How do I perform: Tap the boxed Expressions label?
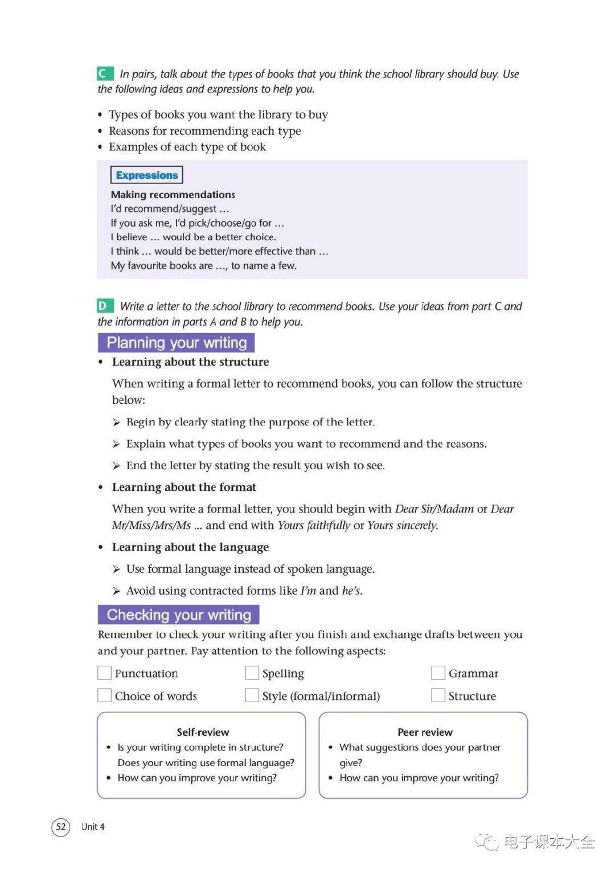click(147, 175)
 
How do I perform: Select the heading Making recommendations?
click(173, 194)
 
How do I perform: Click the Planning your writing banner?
click(177, 343)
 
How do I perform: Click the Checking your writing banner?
click(179, 615)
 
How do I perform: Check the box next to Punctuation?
click(104, 673)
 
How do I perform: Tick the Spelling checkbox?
click(252, 673)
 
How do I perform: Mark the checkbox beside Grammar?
click(438, 673)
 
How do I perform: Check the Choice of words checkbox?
click(104, 695)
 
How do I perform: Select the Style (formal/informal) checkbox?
click(252, 695)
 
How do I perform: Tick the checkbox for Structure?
click(438, 695)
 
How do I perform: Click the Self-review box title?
click(203, 732)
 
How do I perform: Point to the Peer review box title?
click(425, 732)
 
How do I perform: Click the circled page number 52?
click(61, 827)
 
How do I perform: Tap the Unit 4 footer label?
click(93, 827)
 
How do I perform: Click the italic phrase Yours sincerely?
click(402, 525)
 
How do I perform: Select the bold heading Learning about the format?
click(184, 487)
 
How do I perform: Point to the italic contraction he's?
click(351, 591)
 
